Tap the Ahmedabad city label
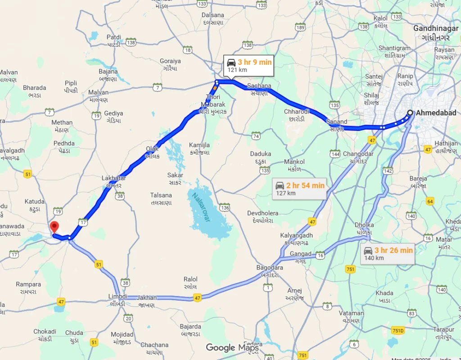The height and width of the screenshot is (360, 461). point(436,113)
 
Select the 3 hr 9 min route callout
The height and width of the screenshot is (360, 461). point(249,66)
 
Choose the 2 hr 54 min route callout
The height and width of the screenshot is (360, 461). point(300,189)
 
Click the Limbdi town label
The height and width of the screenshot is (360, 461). point(118,297)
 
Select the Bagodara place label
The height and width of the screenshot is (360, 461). point(269,268)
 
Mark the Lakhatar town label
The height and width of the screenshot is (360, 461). point(113,178)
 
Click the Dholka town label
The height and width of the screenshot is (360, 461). point(364,225)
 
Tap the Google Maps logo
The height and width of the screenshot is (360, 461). point(232,347)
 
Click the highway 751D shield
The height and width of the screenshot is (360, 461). point(398,331)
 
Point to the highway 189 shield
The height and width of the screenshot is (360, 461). point(300,27)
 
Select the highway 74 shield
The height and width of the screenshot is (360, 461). point(256,136)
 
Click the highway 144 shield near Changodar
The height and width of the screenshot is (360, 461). point(335,154)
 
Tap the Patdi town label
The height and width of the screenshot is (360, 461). point(114,37)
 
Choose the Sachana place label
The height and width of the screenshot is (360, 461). point(259,86)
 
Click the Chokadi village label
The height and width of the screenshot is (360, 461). point(45,332)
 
